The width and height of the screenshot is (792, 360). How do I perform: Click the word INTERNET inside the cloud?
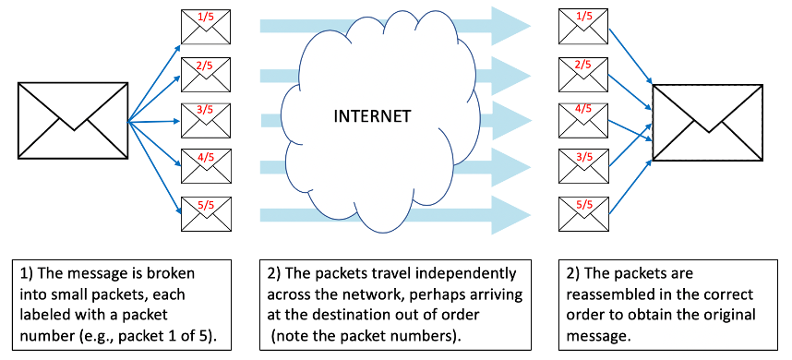(x=372, y=117)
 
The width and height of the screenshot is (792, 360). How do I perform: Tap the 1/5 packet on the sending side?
(x=205, y=27)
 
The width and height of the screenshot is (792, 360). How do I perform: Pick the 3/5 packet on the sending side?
(x=205, y=119)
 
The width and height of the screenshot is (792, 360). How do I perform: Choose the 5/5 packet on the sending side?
(x=205, y=211)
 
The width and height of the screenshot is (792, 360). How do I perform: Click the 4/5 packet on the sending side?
(x=205, y=165)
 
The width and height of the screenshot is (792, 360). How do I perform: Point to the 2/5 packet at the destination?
(x=584, y=73)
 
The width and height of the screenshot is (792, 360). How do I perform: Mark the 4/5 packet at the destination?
(x=584, y=119)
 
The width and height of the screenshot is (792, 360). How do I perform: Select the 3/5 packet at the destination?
(x=584, y=165)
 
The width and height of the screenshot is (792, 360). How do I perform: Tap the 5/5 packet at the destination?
(x=584, y=211)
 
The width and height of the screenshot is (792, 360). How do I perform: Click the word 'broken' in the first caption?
(x=180, y=275)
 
